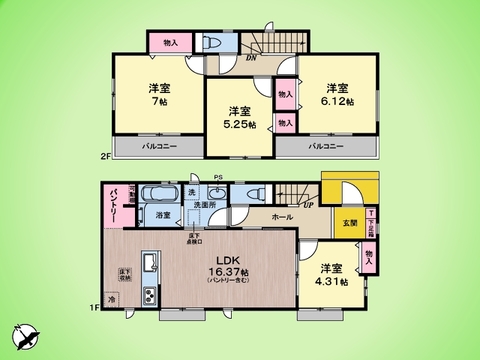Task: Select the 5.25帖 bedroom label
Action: coord(240,117)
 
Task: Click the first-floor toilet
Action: coord(252,194)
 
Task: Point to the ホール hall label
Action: coord(280,217)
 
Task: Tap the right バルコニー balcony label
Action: coord(327,146)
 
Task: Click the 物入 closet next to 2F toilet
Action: coord(170,42)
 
